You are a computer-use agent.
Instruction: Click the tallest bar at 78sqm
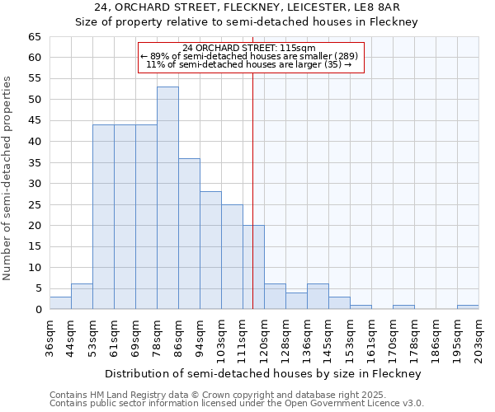click(x=167, y=198)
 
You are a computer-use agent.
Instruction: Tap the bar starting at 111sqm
click(x=253, y=267)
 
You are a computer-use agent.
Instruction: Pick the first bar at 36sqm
click(x=60, y=302)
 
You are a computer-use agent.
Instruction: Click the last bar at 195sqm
click(x=468, y=307)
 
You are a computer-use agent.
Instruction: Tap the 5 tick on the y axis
click(x=38, y=288)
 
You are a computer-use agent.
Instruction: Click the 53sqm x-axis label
click(x=92, y=335)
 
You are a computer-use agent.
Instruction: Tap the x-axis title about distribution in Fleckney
click(x=263, y=373)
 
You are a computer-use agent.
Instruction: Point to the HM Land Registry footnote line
click(x=194, y=395)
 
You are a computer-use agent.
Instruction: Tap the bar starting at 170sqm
click(x=403, y=307)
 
